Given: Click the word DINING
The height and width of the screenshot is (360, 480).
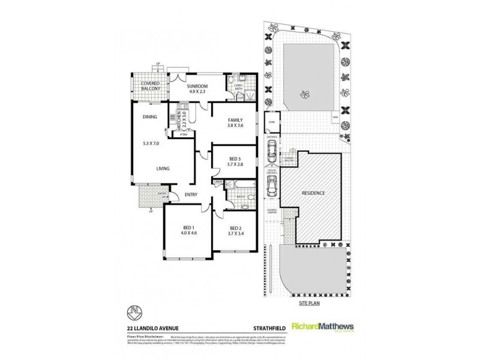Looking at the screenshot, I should coord(149,117).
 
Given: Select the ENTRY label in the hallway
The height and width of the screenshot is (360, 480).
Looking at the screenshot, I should coord(191,194).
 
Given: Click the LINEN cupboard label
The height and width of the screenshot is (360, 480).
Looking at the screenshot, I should coord(217,182).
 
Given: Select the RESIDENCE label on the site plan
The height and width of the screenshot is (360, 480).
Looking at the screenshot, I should coord(313,193).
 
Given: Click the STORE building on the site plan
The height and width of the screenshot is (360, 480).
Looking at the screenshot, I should coord(271,122).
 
